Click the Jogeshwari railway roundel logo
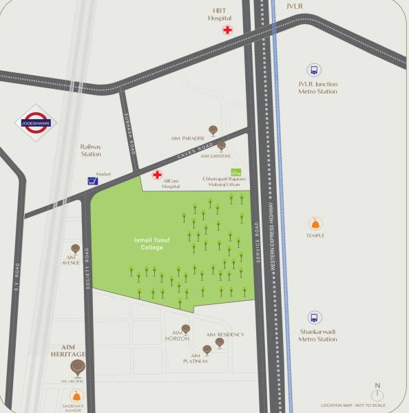coord(36,123)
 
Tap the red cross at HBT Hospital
coord(227,30)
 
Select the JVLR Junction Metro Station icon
coord(314,70)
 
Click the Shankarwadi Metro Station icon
coord(315,317)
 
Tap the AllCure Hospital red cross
coord(157,175)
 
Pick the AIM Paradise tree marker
coord(213,129)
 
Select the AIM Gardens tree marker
coord(221,145)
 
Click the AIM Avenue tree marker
coord(75,248)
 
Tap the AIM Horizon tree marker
coord(185,329)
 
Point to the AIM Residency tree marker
coord(220,341)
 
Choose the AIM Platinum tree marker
coord(207,350)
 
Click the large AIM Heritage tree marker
coord(78,366)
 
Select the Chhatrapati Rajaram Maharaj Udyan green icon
coord(235,171)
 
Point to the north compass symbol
coord(377,394)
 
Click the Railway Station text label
coord(90,150)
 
